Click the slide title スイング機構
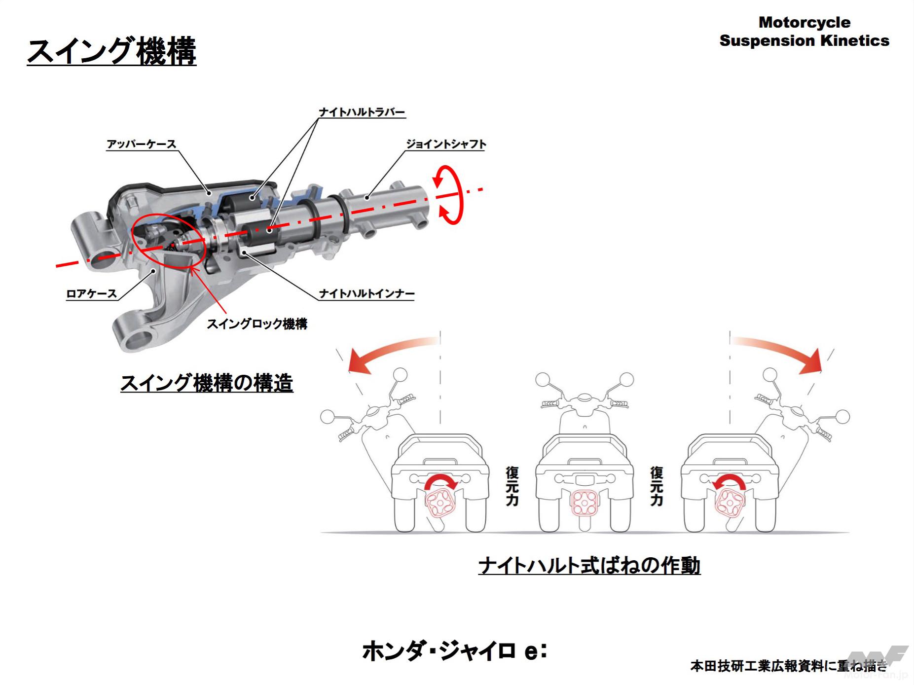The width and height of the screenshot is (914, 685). tap(111, 51)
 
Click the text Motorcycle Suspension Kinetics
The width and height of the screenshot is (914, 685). tap(804, 32)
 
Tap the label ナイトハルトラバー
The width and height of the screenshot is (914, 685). tap(362, 112)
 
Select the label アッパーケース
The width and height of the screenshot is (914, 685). tap(142, 144)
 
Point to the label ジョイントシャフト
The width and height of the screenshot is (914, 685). tap(446, 144)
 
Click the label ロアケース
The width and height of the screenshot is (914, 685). tap(92, 294)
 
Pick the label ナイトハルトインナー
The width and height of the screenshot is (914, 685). tap(366, 294)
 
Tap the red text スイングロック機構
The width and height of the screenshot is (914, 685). tap(256, 324)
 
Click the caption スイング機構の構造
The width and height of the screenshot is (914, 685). tap(207, 383)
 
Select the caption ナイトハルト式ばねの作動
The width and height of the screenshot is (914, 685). tap(589, 566)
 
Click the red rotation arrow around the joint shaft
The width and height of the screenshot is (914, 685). tap(449, 195)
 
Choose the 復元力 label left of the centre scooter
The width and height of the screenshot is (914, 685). tap(512, 486)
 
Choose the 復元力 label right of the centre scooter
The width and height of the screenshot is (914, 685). tap(657, 486)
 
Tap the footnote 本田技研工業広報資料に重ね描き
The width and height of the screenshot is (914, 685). tap(788, 666)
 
